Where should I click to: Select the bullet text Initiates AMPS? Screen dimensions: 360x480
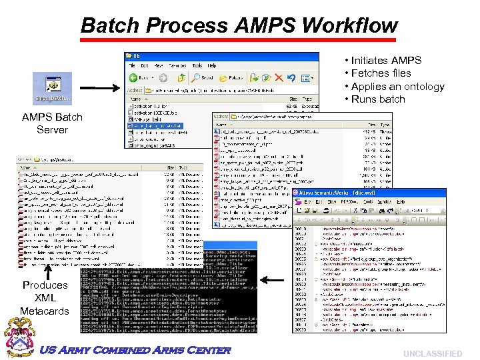tap(386, 60)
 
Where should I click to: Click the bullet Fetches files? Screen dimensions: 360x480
tap(381, 73)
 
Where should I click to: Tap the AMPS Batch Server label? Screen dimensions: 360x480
tap(52, 123)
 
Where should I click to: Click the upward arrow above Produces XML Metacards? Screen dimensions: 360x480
tap(49, 273)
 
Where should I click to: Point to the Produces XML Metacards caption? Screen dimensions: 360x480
tap(45, 298)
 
